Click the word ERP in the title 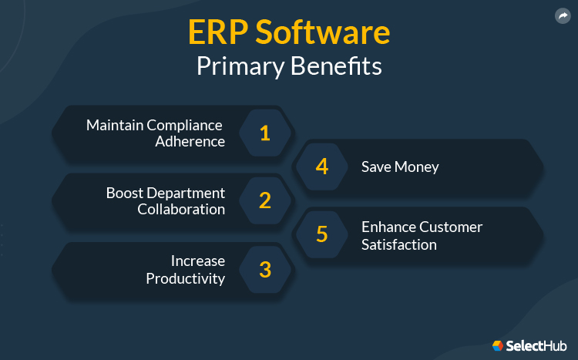pyautogui.click(x=217, y=34)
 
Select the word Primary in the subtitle pyautogui.click(x=240, y=66)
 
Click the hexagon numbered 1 pyautogui.click(x=265, y=133)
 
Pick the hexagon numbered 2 pyautogui.click(x=265, y=200)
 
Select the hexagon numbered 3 pyautogui.click(x=265, y=269)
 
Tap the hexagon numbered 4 pyautogui.click(x=322, y=167)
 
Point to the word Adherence pyautogui.click(x=190, y=142)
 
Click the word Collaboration pyautogui.click(x=181, y=209)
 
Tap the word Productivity pyautogui.click(x=186, y=278)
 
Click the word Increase pyautogui.click(x=197, y=261)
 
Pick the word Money pyautogui.click(x=417, y=167)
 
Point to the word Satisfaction pyautogui.click(x=399, y=244)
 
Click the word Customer pyautogui.click(x=451, y=227)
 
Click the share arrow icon pyautogui.click(x=561, y=15)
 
